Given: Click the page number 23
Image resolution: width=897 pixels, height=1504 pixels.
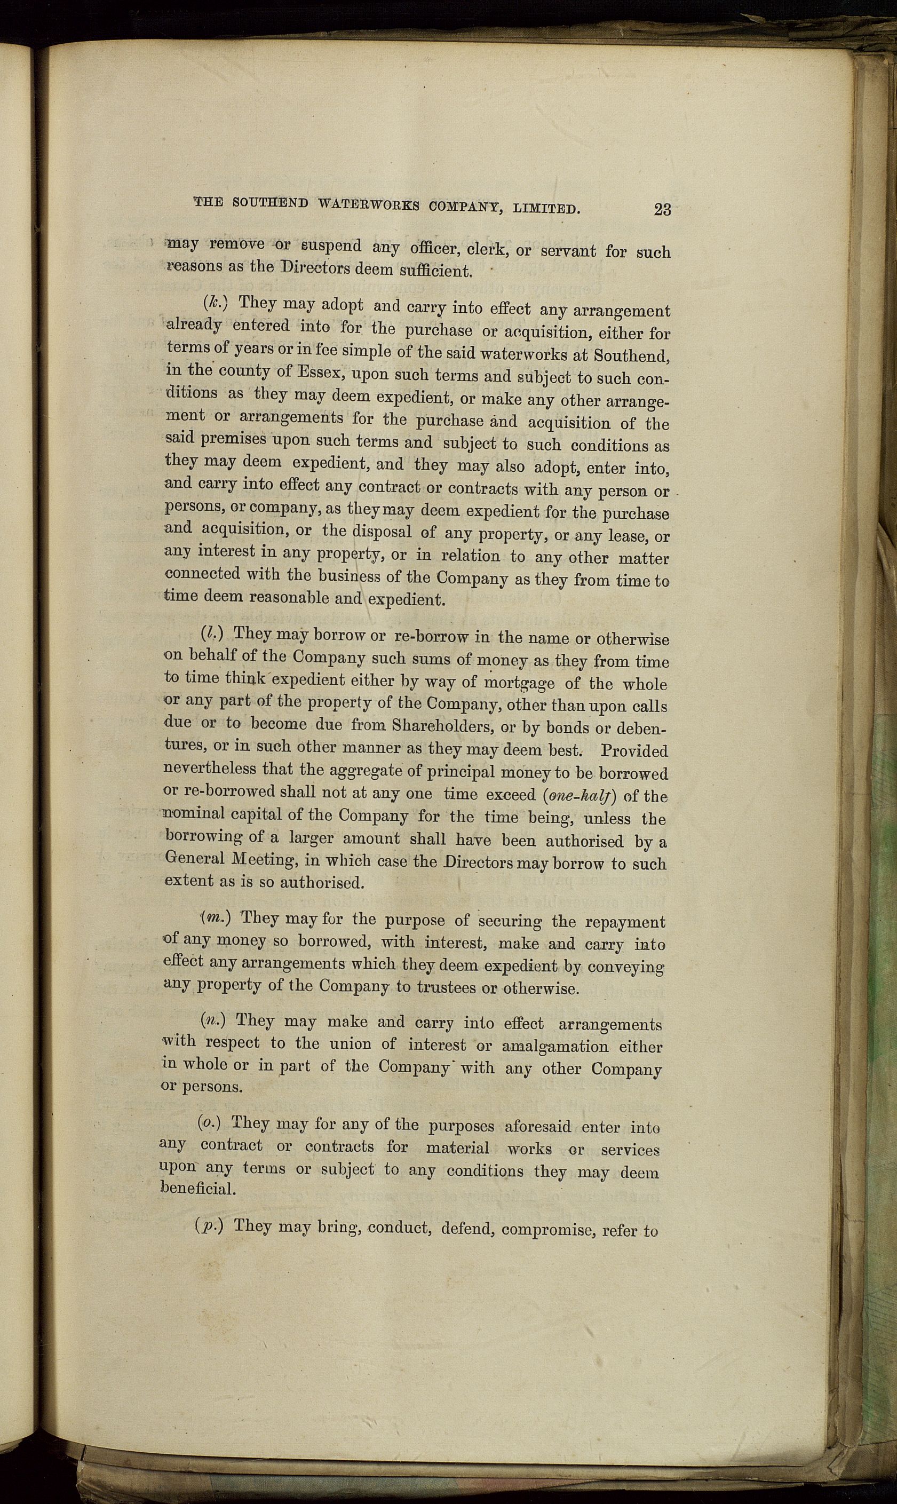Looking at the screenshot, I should [662, 209].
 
